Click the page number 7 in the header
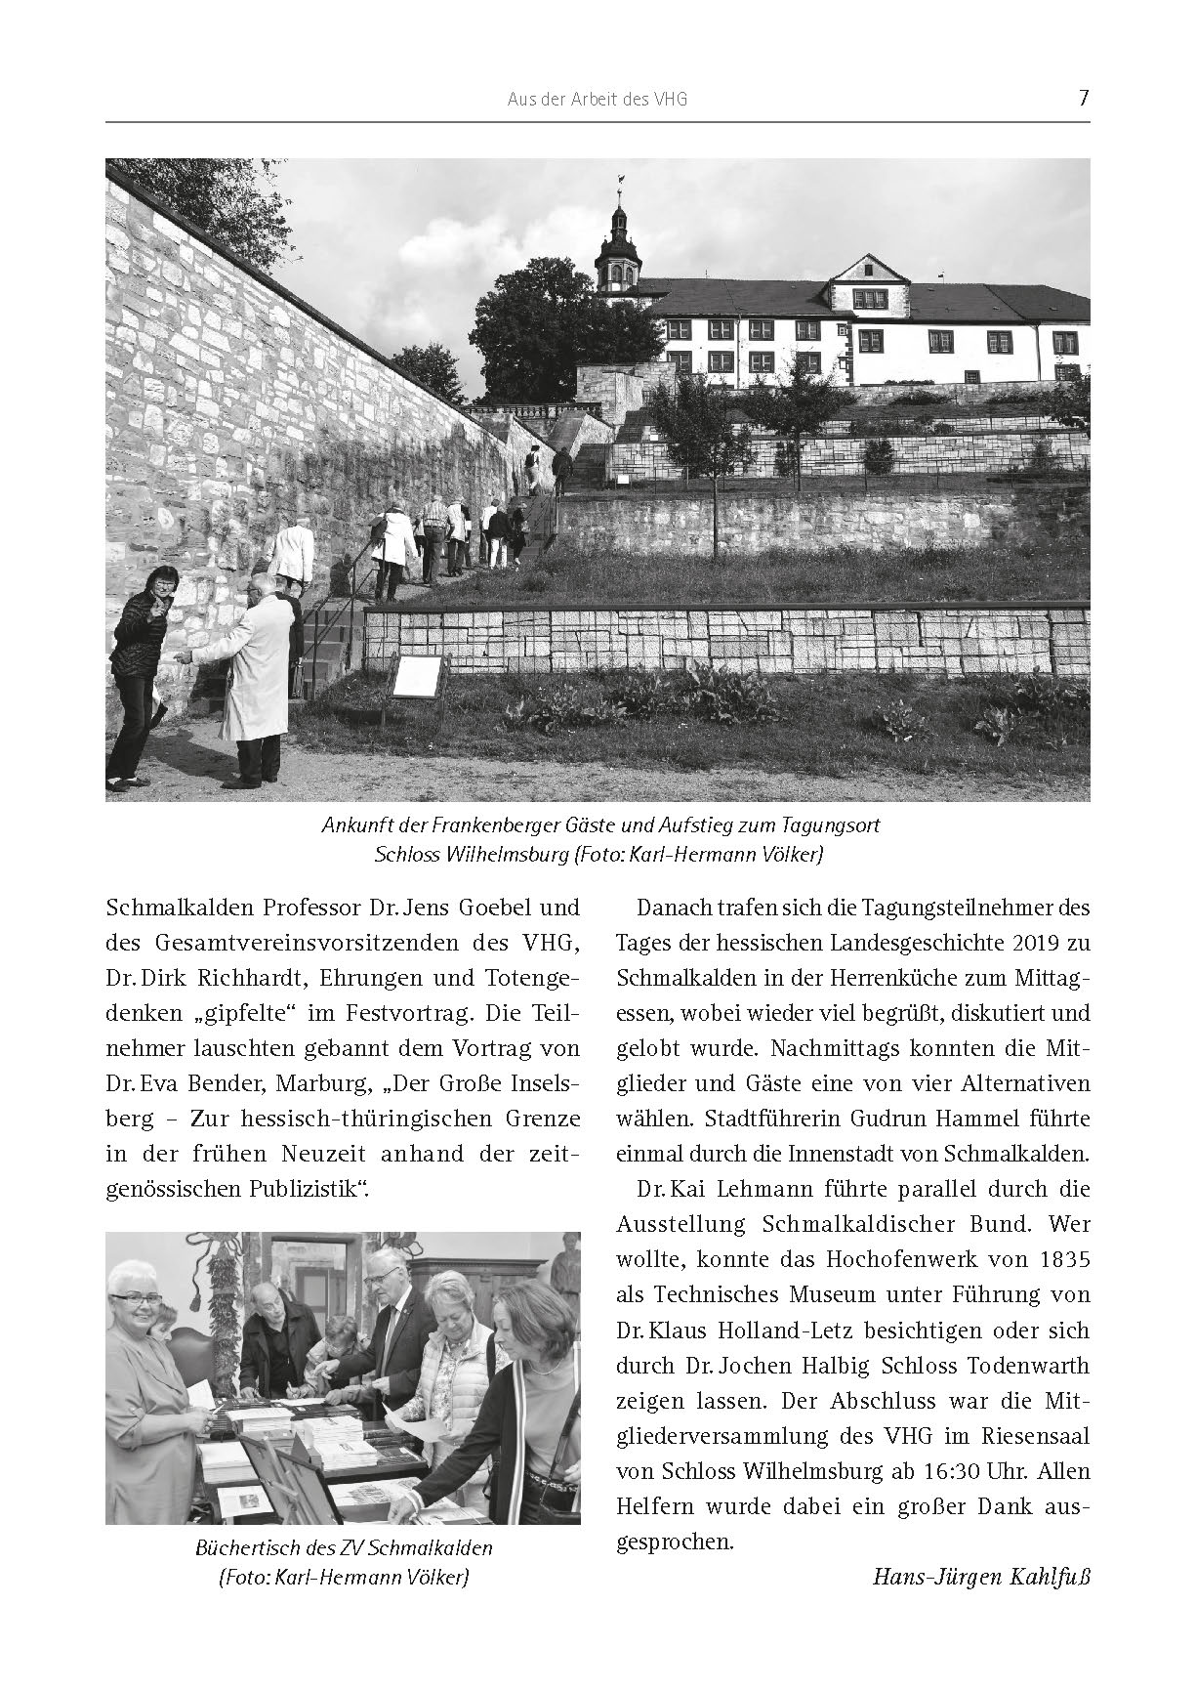pyautogui.click(x=1083, y=99)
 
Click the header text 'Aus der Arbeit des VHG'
pyautogui.click(x=597, y=100)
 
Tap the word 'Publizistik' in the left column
pyautogui.click(x=308, y=1189)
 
